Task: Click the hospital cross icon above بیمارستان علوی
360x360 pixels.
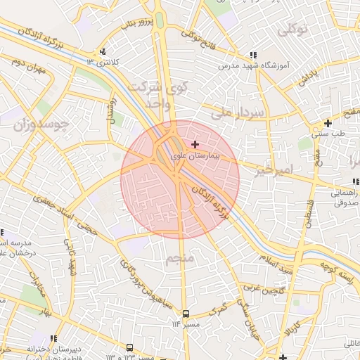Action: pos(195,144)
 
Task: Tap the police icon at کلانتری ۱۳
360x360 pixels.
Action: pos(103,51)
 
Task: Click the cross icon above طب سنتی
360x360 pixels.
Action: pos(328,123)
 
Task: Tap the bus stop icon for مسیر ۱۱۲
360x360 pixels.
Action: pos(186,314)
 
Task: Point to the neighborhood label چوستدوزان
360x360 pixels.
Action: pos(41,125)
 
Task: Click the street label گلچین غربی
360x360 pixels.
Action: pos(264,287)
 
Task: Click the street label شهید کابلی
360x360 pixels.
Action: pos(71,257)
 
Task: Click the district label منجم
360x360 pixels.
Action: pos(179,260)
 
